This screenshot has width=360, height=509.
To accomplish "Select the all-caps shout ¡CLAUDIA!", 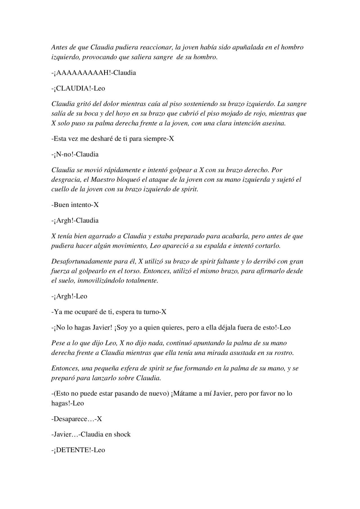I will tap(73, 88).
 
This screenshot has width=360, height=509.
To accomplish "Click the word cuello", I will tap(60, 189).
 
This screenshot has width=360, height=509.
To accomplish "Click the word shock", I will tap(122, 434).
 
